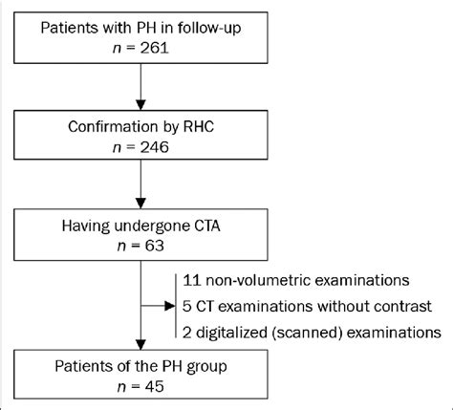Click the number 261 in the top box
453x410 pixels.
coord(154,49)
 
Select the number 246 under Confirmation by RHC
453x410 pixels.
coord(154,147)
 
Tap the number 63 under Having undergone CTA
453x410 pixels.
coord(154,246)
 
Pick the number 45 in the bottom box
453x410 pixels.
coord(154,386)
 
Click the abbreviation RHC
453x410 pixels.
coord(198,127)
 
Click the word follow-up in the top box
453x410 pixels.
coord(209,28)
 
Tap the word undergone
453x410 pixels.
coord(152,227)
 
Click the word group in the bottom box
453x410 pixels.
coord(206,367)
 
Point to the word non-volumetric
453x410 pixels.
coord(258,280)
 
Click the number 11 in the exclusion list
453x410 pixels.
coord(192,280)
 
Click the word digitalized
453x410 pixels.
coord(231,333)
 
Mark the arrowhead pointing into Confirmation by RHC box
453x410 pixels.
coord(140,105)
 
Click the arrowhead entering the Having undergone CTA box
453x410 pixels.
coord(140,204)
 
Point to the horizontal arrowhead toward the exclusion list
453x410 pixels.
coord(169,306)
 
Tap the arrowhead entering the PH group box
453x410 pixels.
coord(140,345)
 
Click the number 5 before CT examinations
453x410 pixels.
coord(187,306)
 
